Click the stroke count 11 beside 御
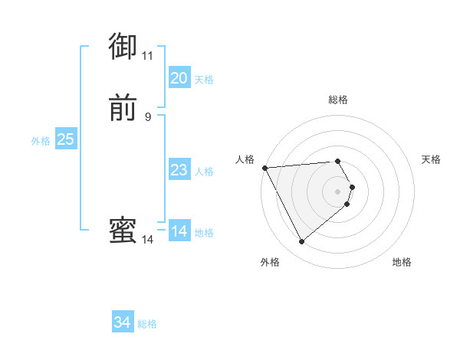pyautogui.click(x=147, y=56)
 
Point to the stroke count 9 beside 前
pyautogui.click(x=147, y=116)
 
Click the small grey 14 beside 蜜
pyautogui.click(x=147, y=240)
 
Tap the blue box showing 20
pyautogui.click(x=179, y=78)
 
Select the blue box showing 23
pyautogui.click(x=179, y=170)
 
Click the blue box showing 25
pyautogui.click(x=65, y=139)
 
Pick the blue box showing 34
pyautogui.click(x=123, y=322)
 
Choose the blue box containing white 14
pyautogui.click(x=179, y=231)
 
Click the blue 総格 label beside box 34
pyautogui.click(x=147, y=324)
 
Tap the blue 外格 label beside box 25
pyautogui.click(x=41, y=141)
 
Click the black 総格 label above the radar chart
pyautogui.click(x=337, y=100)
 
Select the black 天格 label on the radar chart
pyautogui.click(x=431, y=159)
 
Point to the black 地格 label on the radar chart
pyautogui.click(x=402, y=262)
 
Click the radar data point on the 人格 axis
pyautogui.click(x=264, y=167)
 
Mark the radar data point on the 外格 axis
pyautogui.click(x=301, y=242)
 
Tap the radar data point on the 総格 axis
pyautogui.click(x=337, y=161)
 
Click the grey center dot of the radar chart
pyautogui.click(x=337, y=191)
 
